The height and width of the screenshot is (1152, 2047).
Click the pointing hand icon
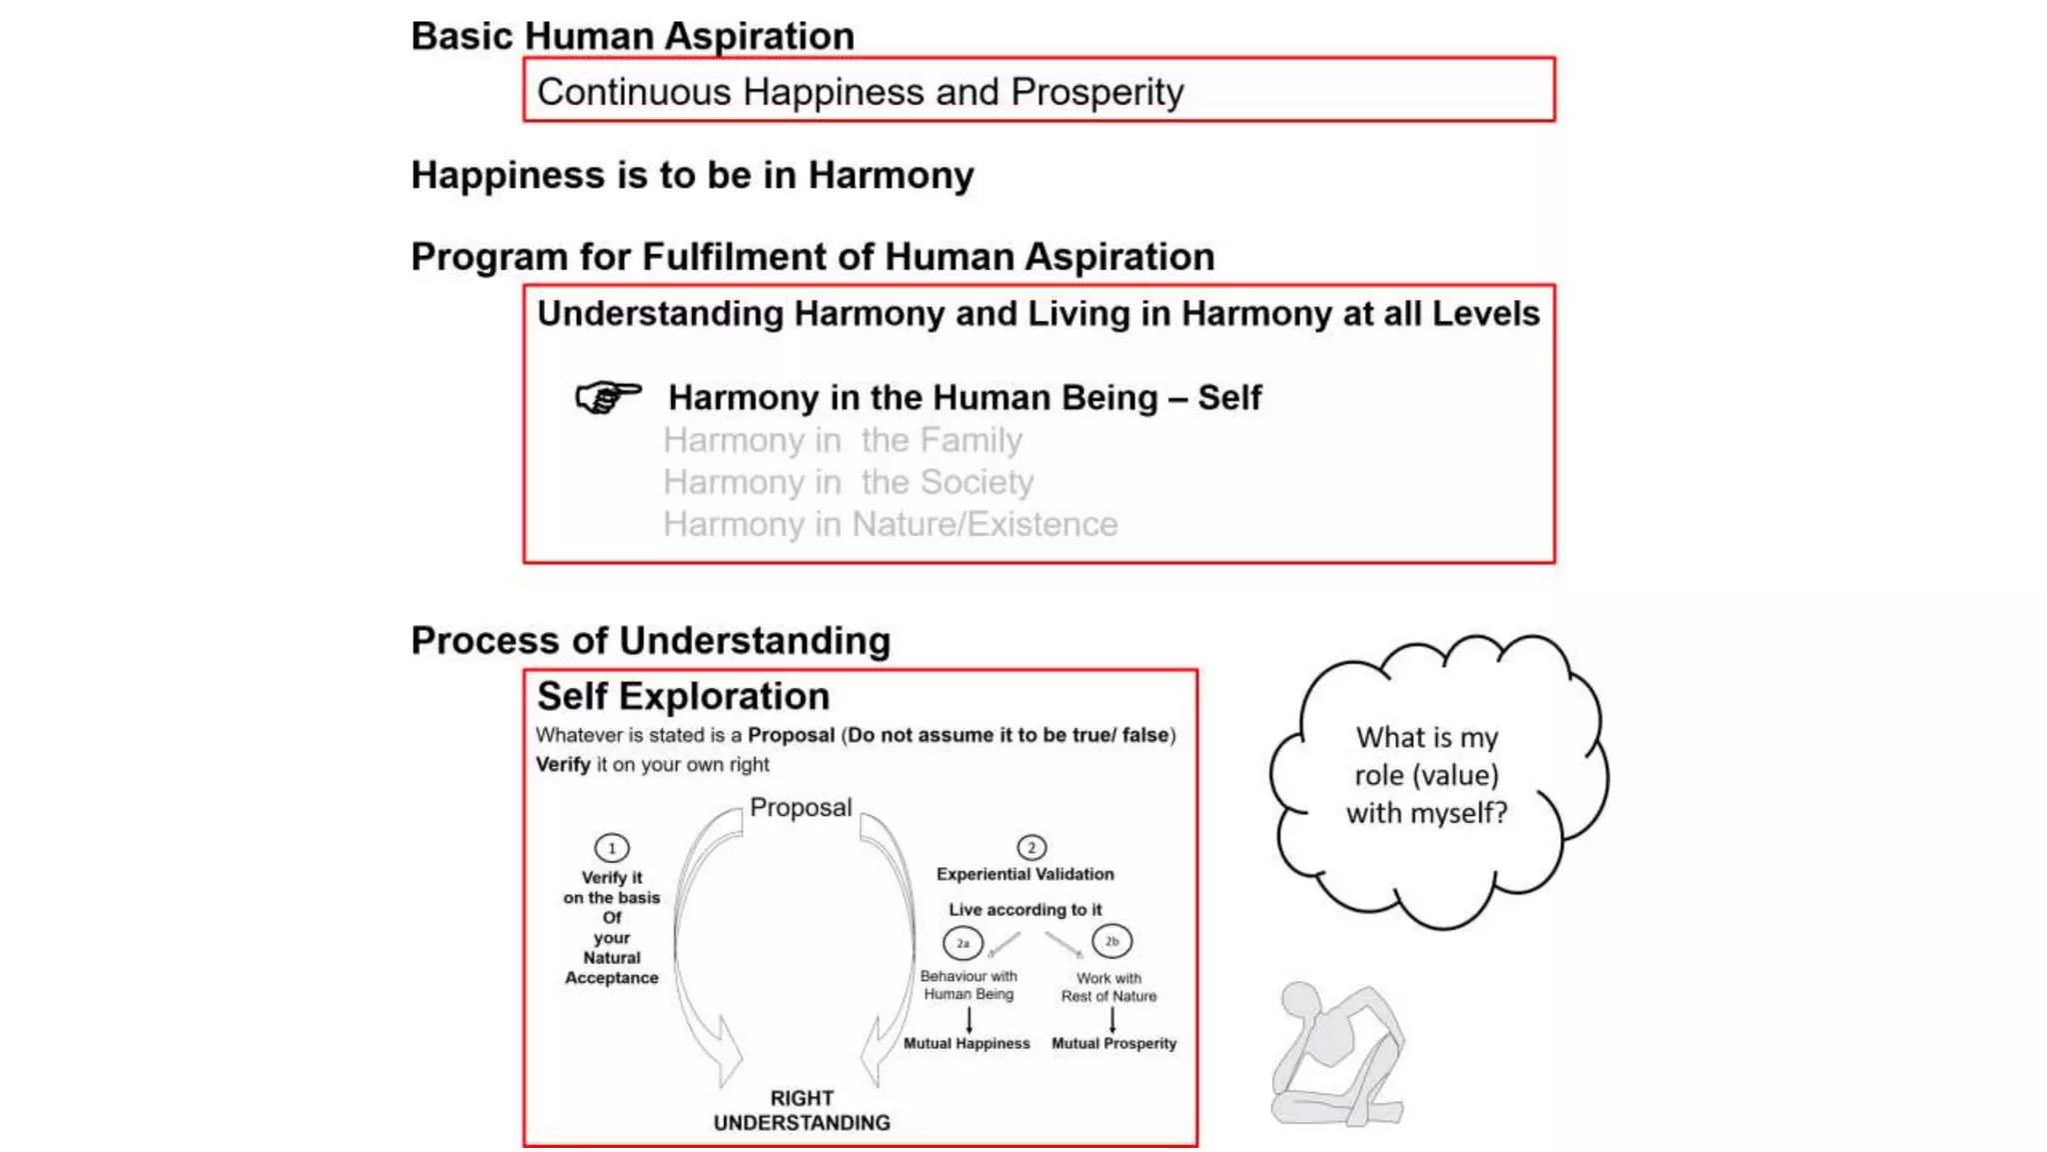click(x=607, y=397)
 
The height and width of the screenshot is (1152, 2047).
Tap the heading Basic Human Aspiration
click(x=633, y=36)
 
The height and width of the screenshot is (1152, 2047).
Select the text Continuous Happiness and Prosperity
click(x=860, y=92)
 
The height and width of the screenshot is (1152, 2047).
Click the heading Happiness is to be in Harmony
click(x=692, y=175)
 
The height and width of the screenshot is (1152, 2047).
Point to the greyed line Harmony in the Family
click(x=842, y=440)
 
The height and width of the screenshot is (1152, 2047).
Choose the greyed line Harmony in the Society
click(x=848, y=482)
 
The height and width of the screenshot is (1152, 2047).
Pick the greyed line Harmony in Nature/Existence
click(x=890, y=524)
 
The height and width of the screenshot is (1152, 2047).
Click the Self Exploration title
click(x=683, y=696)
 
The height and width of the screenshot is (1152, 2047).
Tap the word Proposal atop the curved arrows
click(x=800, y=807)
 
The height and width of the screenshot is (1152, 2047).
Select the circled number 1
click(x=612, y=848)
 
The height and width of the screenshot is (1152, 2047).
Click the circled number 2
click(x=1031, y=848)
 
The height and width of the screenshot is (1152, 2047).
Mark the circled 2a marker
click(x=963, y=942)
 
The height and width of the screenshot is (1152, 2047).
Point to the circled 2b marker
click(x=1111, y=941)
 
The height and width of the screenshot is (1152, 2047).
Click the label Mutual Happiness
click(x=967, y=1043)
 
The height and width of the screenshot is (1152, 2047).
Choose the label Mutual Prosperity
click(x=1113, y=1043)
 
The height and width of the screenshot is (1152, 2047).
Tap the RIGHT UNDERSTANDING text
click(x=802, y=1110)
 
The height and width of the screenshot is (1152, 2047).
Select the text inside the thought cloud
click(x=1426, y=775)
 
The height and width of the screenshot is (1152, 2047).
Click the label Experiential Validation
click(x=1024, y=874)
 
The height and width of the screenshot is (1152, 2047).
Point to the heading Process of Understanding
click(x=650, y=641)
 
